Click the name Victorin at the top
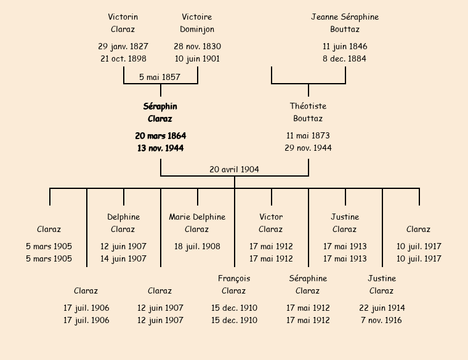(x=123, y=17)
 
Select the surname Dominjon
(x=197, y=30)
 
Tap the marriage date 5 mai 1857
(x=159, y=77)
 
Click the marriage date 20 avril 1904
(x=234, y=169)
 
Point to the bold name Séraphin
(x=160, y=106)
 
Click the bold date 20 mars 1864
(x=160, y=136)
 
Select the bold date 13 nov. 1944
(x=160, y=148)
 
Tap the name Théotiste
(x=308, y=106)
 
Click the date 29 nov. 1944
(x=308, y=148)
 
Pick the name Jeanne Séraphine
(x=345, y=17)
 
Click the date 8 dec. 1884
(x=345, y=59)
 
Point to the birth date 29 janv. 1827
(x=123, y=47)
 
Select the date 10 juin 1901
(x=197, y=59)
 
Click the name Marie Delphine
(x=197, y=217)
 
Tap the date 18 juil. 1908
(x=197, y=247)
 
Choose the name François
(x=234, y=279)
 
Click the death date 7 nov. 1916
(x=382, y=321)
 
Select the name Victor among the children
(x=271, y=217)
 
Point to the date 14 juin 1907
(x=123, y=259)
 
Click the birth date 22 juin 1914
(x=382, y=308)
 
